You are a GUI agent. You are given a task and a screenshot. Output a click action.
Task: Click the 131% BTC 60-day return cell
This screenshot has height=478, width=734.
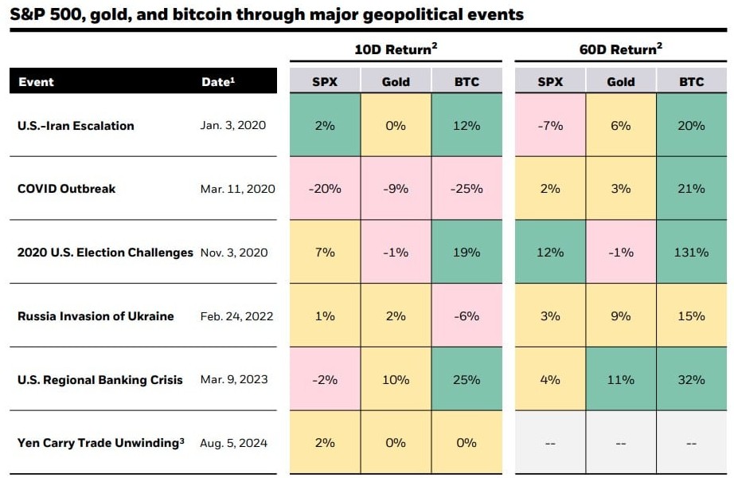(692, 253)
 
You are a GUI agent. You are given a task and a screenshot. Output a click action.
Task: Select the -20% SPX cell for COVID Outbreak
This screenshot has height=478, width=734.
(325, 189)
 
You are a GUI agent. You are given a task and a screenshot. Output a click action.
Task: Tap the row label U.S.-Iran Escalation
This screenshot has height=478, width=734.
(76, 126)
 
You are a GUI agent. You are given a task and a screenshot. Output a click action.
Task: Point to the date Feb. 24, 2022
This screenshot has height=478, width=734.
(236, 316)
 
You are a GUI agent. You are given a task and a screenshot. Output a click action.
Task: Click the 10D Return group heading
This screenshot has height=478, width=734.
(396, 49)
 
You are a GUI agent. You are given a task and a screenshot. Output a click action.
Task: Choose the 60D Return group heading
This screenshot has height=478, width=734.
(620, 49)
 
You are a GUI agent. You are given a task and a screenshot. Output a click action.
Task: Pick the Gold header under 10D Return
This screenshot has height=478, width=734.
(396, 81)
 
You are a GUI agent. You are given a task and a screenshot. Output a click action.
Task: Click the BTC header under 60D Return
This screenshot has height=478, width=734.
(692, 81)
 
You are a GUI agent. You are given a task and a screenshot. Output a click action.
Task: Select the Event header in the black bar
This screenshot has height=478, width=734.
(36, 81)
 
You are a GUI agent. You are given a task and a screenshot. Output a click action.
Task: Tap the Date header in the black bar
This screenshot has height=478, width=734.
(217, 81)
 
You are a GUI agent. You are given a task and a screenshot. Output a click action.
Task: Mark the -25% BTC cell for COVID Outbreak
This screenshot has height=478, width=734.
(467, 189)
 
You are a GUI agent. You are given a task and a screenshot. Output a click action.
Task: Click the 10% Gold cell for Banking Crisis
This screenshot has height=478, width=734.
(396, 380)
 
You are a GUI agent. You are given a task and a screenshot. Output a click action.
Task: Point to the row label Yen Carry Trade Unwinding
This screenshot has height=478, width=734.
(100, 443)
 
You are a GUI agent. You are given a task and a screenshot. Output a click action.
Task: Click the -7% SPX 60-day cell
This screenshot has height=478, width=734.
(549, 126)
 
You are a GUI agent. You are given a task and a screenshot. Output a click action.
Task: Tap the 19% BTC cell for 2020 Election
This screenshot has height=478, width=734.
(467, 253)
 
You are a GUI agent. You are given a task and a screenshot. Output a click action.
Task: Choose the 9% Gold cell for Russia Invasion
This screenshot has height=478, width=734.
(620, 316)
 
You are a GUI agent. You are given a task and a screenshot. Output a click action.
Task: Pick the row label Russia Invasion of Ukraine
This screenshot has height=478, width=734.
(96, 316)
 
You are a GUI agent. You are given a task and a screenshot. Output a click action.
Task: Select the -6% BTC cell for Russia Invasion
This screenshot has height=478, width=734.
(467, 316)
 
